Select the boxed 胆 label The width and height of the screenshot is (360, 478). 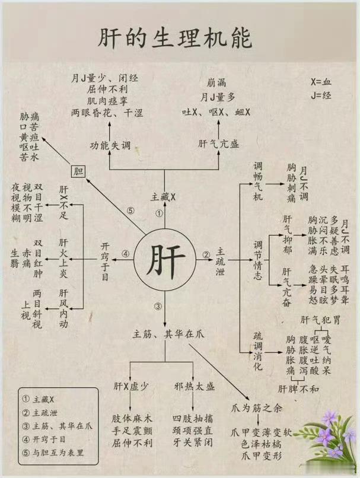[x=78, y=171]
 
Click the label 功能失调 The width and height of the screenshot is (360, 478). [x=110, y=145]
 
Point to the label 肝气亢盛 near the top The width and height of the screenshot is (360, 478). [x=218, y=143]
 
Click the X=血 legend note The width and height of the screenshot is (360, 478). [x=321, y=81]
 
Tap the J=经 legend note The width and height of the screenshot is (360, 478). [x=321, y=95]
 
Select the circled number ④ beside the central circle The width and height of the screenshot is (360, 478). [x=126, y=254]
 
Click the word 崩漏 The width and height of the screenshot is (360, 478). [x=218, y=82]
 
